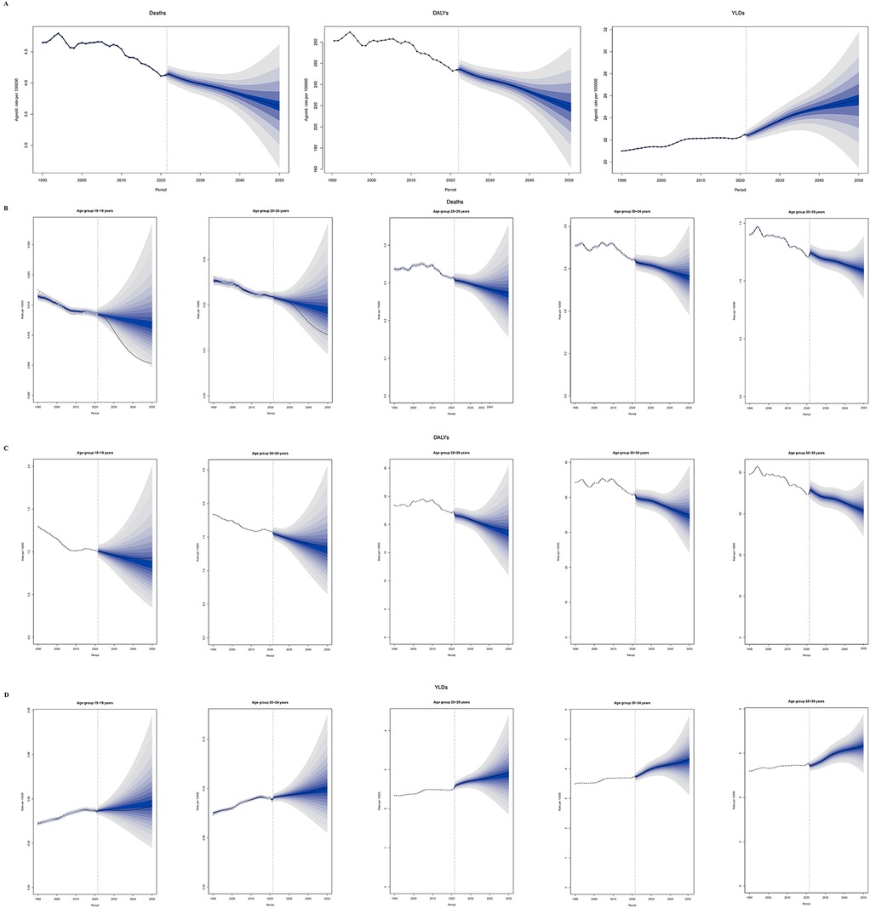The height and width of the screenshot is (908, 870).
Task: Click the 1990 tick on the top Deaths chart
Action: pyautogui.click(x=43, y=180)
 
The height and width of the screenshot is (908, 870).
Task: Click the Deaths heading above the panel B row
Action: pyautogui.click(x=436, y=203)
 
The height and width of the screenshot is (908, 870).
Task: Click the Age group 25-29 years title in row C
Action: pyautogui.click(x=444, y=452)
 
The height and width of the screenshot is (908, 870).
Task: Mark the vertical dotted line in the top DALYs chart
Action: pyautogui.click(x=458, y=102)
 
